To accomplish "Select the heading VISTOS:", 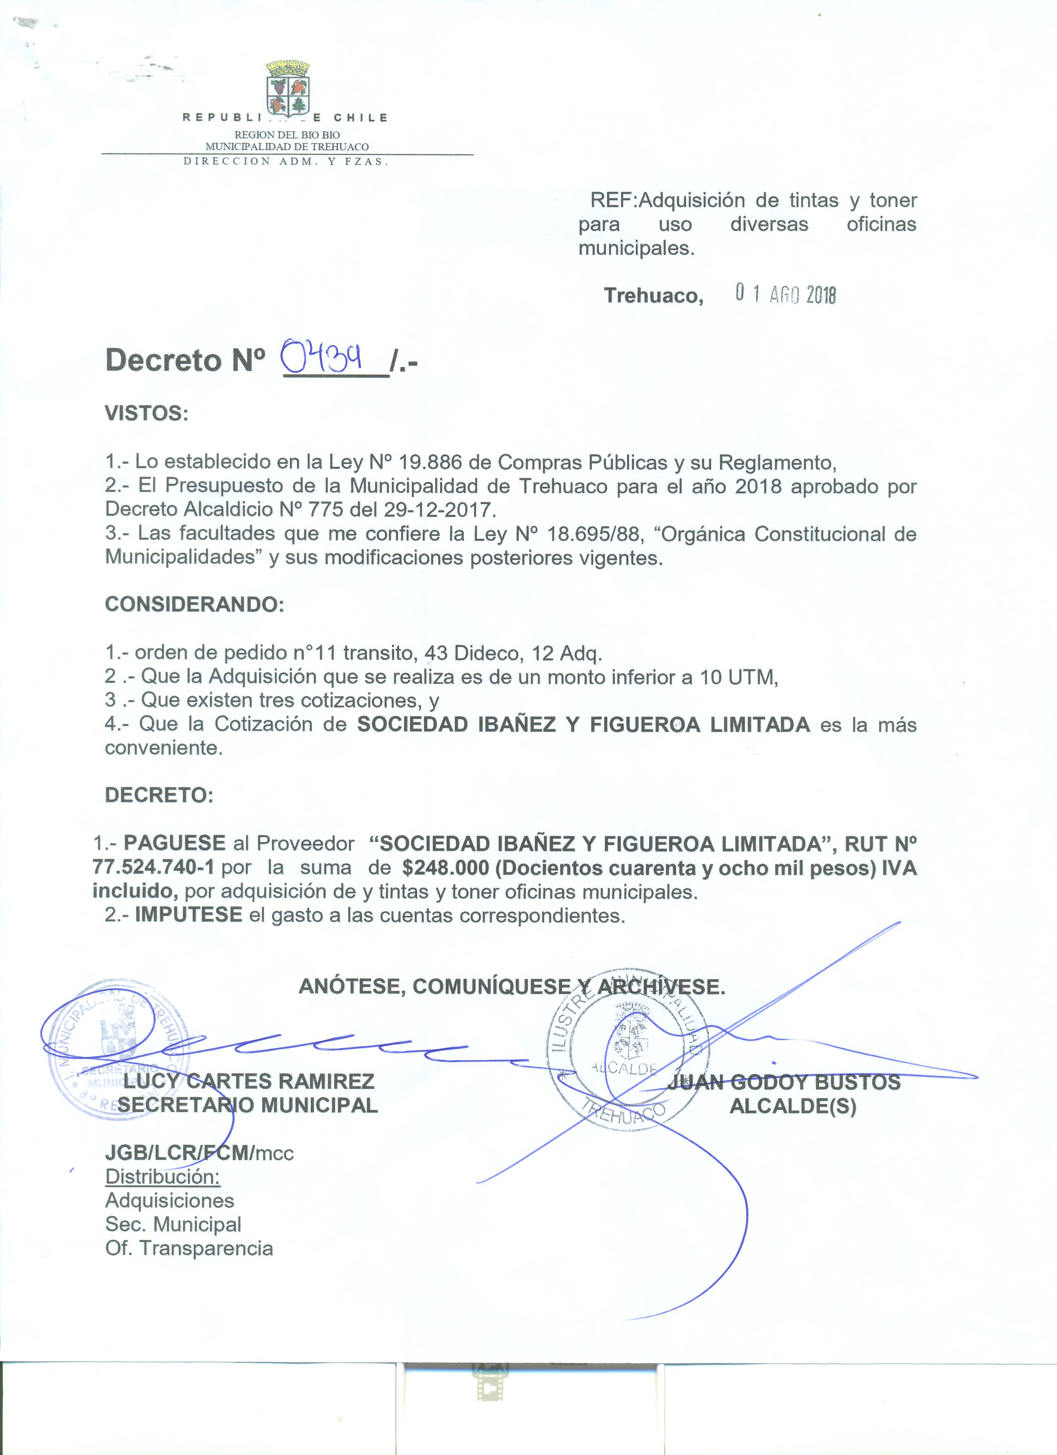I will [147, 414].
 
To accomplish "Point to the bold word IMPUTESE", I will [189, 915].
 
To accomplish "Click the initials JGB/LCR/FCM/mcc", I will [199, 1153].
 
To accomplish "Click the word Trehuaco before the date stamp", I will [653, 295].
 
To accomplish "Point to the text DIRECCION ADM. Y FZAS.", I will [286, 162].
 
